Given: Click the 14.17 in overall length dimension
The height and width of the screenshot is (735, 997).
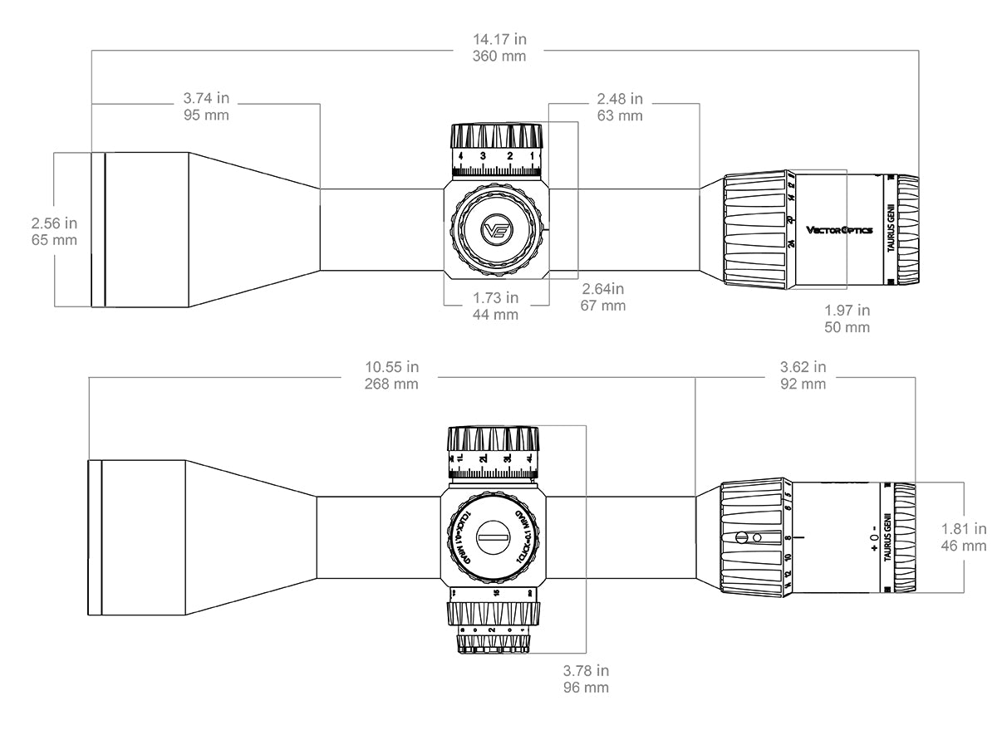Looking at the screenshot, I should (499, 47).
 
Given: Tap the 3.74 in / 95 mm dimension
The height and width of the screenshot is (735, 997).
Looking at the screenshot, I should (205, 106).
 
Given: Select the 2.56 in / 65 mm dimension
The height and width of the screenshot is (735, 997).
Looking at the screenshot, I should (54, 232).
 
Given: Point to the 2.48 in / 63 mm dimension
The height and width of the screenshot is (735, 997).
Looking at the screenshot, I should (620, 107).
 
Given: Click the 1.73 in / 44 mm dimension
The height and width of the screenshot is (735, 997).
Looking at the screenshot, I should (496, 306).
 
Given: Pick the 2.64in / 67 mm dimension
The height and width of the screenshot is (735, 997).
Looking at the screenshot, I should (602, 297).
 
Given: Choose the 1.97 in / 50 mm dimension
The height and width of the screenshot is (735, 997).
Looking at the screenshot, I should (847, 318).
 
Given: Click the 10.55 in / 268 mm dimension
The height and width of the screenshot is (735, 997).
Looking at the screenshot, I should (391, 375).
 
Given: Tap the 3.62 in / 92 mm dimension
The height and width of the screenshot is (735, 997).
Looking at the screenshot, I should (803, 375).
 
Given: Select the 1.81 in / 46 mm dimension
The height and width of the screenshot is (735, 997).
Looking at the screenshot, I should (964, 537).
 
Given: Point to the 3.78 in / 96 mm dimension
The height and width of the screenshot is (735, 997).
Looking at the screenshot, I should (586, 679).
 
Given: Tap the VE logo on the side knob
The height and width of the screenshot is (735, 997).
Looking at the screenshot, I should (496, 231).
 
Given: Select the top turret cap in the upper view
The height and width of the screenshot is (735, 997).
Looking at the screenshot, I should (496, 135).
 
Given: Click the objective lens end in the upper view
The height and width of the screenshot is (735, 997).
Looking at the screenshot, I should (97, 229).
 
